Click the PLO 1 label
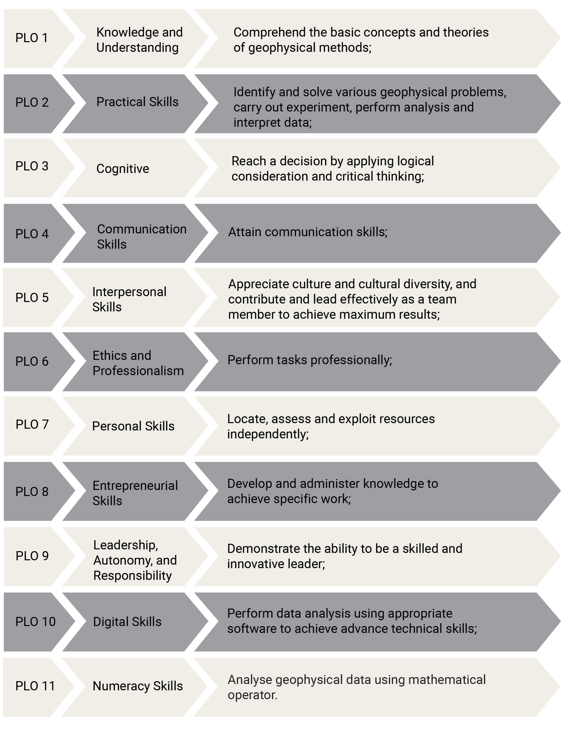[x=32, y=38]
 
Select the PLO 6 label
[x=32, y=361]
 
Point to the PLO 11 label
[x=35, y=686]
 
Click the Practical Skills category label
[x=137, y=102]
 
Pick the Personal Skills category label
[x=133, y=426]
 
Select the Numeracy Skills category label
[x=138, y=686]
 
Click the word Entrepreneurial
[x=135, y=486]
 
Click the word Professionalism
[x=138, y=371]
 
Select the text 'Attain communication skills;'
[x=308, y=232]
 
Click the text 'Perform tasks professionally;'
[x=310, y=360]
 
